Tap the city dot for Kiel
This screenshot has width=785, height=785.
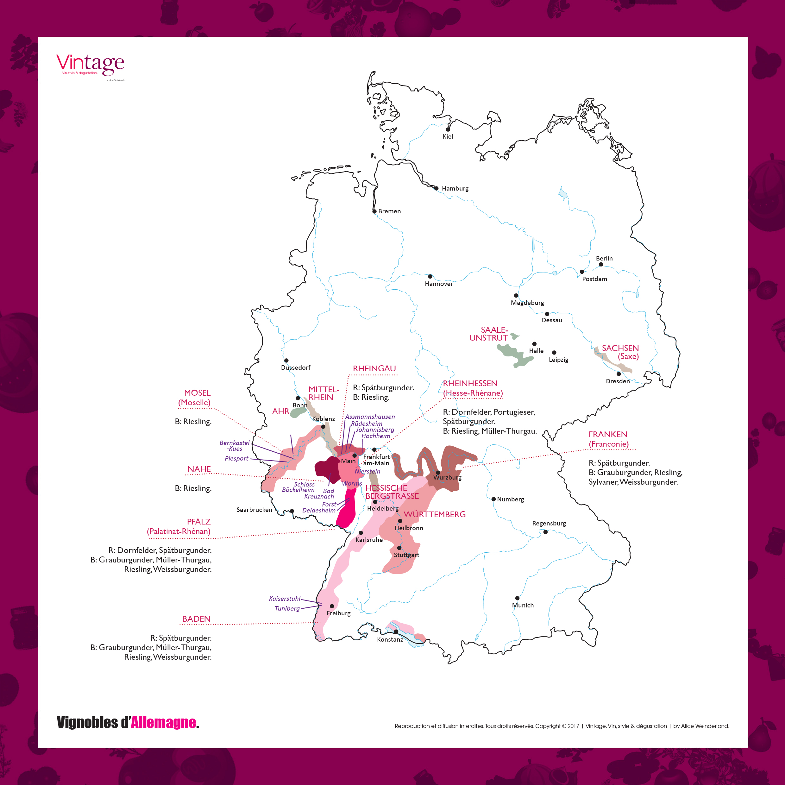(448, 129)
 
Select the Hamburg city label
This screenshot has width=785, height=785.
(455, 189)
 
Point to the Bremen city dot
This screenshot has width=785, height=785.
(375, 211)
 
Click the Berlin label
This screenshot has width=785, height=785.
(604, 258)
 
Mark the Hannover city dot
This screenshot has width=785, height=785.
(430, 276)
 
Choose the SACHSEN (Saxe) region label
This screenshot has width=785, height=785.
(620, 352)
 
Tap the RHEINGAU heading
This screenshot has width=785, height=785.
(374, 368)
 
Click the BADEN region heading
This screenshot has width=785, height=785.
(196, 619)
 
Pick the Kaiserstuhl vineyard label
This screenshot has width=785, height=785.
(285, 599)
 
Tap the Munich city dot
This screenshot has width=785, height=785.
(517, 598)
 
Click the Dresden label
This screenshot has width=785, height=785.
(618, 381)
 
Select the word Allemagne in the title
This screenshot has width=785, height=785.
(163, 722)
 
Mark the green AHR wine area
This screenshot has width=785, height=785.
(298, 412)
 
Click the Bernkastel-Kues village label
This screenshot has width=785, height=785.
(235, 446)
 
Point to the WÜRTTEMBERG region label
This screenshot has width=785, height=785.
(435, 514)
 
